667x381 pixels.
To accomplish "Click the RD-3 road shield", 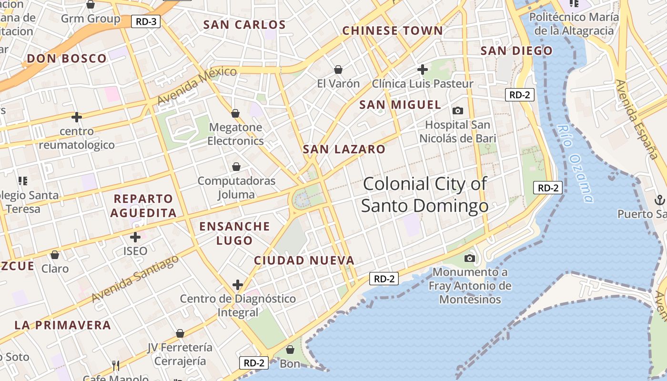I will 146,21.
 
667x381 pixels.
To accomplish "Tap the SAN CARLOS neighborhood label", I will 244,25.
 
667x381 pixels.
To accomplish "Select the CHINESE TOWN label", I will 393,31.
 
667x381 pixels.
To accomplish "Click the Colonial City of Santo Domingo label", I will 424,195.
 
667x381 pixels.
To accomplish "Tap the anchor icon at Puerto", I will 660,200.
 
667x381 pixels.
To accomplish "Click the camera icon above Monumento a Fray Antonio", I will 470,258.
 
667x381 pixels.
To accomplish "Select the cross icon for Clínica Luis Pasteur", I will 422,70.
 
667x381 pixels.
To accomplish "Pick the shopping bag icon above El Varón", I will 338,70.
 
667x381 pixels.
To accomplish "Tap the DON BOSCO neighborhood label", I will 67,59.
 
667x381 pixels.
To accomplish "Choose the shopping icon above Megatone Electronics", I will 235,113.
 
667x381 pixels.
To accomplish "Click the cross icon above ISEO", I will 135,237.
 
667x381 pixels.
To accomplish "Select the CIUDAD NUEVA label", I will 304,261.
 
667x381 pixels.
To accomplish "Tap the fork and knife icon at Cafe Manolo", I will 116,366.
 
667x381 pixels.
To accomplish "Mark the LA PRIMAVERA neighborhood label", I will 62,326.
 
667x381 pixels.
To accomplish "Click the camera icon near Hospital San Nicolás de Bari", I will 458,111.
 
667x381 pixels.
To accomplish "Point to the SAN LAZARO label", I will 344,150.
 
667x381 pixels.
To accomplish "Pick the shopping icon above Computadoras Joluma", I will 236,167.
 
